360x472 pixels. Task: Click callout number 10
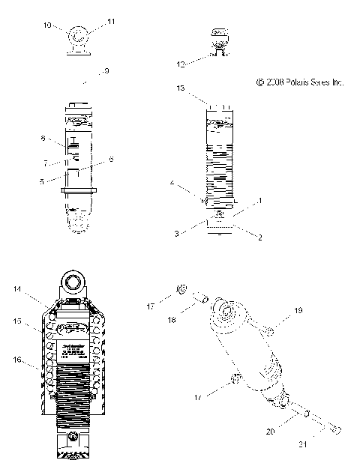click(47, 25)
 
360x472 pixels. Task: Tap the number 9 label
click(106, 71)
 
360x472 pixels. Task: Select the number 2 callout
click(260, 238)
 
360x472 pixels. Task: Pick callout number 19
click(298, 309)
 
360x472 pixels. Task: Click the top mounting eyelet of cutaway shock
click(77, 282)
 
